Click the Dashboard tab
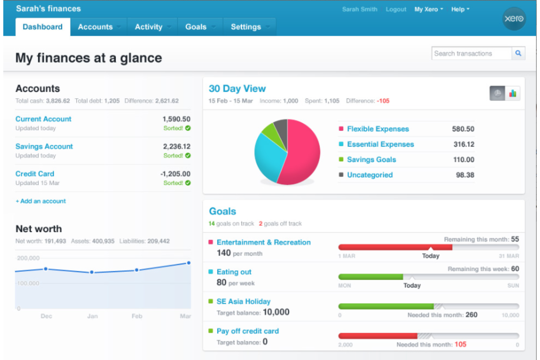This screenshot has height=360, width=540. (x=43, y=27)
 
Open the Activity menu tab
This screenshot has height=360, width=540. (x=148, y=27)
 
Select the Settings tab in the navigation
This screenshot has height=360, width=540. (x=246, y=27)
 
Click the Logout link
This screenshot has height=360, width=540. (x=396, y=9)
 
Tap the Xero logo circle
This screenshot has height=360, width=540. (x=514, y=19)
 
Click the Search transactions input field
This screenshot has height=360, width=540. (x=471, y=54)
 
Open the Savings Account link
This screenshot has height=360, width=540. (x=44, y=147)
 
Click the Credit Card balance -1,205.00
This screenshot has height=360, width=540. (x=175, y=174)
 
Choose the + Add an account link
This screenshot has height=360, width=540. (x=41, y=201)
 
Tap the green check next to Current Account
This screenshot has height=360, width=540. (x=188, y=128)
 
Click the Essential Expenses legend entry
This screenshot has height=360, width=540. (x=380, y=144)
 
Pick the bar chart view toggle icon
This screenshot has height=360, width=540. (x=513, y=93)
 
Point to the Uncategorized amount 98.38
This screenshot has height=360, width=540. (x=465, y=175)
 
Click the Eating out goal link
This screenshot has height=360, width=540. (x=234, y=272)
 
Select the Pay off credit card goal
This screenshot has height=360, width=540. (x=247, y=331)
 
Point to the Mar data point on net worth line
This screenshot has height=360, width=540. (x=189, y=263)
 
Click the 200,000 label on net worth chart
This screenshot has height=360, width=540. (x=28, y=258)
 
